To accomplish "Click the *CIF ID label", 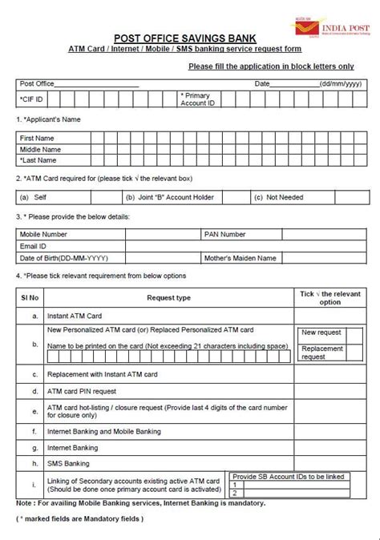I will pos(32,99).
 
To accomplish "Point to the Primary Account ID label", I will pos(198,99).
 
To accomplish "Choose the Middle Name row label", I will pos(40,149).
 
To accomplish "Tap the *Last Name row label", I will pos(38,160).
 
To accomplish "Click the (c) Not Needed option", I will pos(277,197).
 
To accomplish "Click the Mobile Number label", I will pos(44,235).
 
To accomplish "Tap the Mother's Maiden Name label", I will pos(240,258).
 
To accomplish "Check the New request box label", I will pos(321,332).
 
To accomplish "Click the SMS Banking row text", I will pos(69,463).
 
